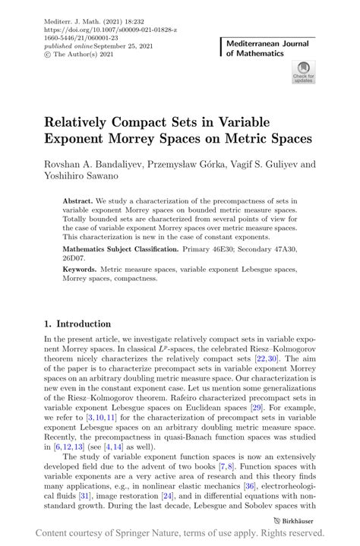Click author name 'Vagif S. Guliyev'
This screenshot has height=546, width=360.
pos(263,163)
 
